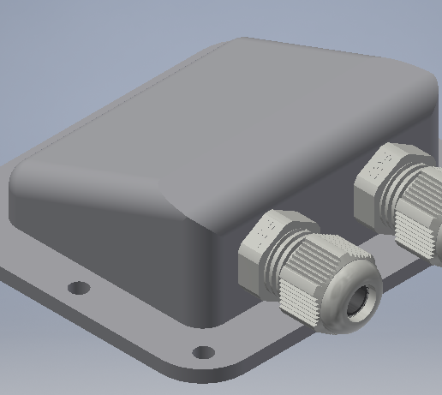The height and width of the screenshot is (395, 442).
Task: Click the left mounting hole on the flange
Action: click(x=78, y=288)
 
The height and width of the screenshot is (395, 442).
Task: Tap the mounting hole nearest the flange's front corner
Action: click(x=203, y=352)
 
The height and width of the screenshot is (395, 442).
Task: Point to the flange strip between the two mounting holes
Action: click(x=137, y=321)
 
